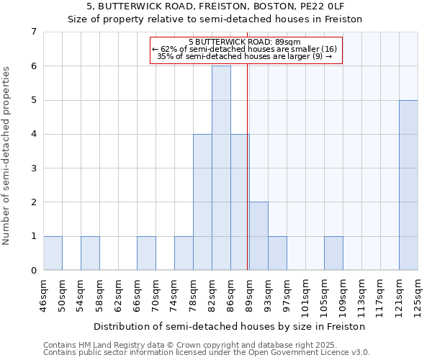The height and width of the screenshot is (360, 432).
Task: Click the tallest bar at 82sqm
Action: pyautogui.click(x=221, y=168)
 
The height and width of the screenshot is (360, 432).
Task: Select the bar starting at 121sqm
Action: pyautogui.click(x=408, y=185)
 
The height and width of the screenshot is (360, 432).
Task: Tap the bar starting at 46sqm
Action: pyautogui.click(x=53, y=253)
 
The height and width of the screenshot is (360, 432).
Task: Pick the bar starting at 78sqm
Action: pyautogui.click(x=202, y=202)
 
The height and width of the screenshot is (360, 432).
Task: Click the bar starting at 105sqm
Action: pyautogui.click(x=333, y=253)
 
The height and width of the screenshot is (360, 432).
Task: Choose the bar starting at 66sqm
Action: pyautogui.click(x=146, y=253)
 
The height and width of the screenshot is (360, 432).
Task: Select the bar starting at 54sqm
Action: pyautogui.click(x=90, y=253)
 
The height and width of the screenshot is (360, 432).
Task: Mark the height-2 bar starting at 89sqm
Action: pyautogui.click(x=258, y=235)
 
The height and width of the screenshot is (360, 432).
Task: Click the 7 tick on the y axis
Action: pyautogui.click(x=33, y=32)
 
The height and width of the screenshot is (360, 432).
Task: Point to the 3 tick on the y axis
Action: pyautogui.click(x=33, y=168)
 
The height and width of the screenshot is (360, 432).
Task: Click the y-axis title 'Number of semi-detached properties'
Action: pyautogui.click(x=6, y=156)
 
